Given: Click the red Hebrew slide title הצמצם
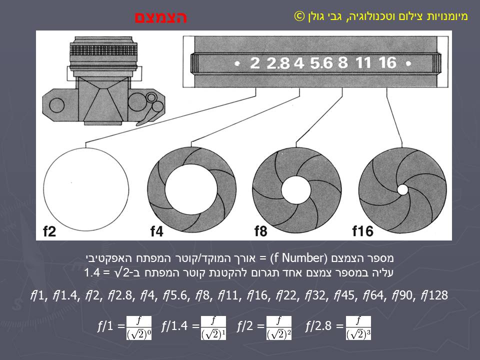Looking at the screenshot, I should coord(160,17).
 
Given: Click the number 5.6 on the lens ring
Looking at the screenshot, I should coord(321,63).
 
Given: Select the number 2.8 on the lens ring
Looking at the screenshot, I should coord(278,63).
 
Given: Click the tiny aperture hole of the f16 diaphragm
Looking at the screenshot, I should coord(402,189).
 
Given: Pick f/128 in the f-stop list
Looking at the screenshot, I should coord(434,295).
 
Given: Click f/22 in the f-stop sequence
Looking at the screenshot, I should coord(287,295).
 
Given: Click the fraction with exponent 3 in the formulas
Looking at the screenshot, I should coord(358,327).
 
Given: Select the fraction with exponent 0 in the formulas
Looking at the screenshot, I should coord(139,327).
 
